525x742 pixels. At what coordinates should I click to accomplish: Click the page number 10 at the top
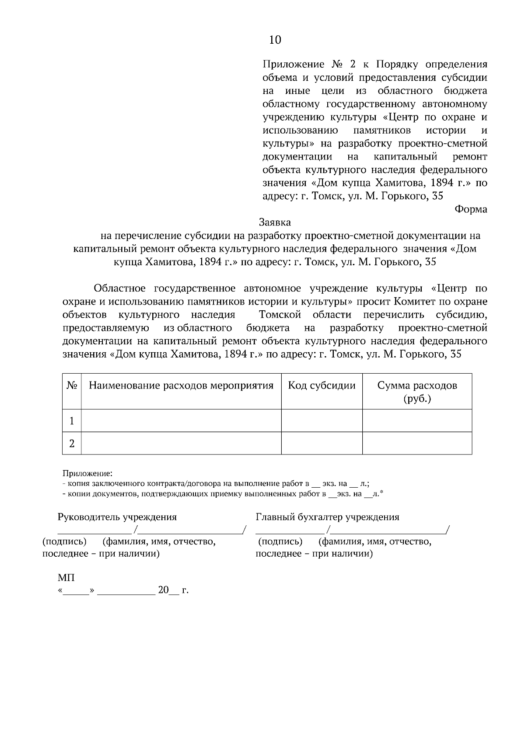pos(275,40)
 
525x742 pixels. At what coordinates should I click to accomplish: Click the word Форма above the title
pos(471,209)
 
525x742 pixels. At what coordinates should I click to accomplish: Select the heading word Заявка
pos(275,222)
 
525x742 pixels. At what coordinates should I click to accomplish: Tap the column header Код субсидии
pos(322,386)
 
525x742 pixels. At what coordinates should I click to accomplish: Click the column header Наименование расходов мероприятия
pos(181,386)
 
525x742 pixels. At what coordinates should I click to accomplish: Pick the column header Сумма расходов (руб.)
pos(417,392)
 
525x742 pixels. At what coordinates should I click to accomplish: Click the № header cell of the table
pos(72,386)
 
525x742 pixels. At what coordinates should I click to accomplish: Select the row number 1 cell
pos(72,421)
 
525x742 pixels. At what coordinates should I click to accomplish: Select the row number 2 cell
pos(72,444)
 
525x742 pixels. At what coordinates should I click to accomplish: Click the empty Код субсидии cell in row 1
pos(322,421)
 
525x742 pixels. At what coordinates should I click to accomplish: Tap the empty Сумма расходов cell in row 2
pos(417,444)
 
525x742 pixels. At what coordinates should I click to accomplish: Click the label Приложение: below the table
pos(87,473)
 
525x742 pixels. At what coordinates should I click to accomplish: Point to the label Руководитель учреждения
pos(117,517)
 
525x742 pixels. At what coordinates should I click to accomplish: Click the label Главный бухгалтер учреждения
pos(327,517)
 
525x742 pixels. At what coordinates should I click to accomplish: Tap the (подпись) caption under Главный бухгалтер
pos(280,542)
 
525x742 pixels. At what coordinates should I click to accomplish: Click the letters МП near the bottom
pos(66,578)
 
